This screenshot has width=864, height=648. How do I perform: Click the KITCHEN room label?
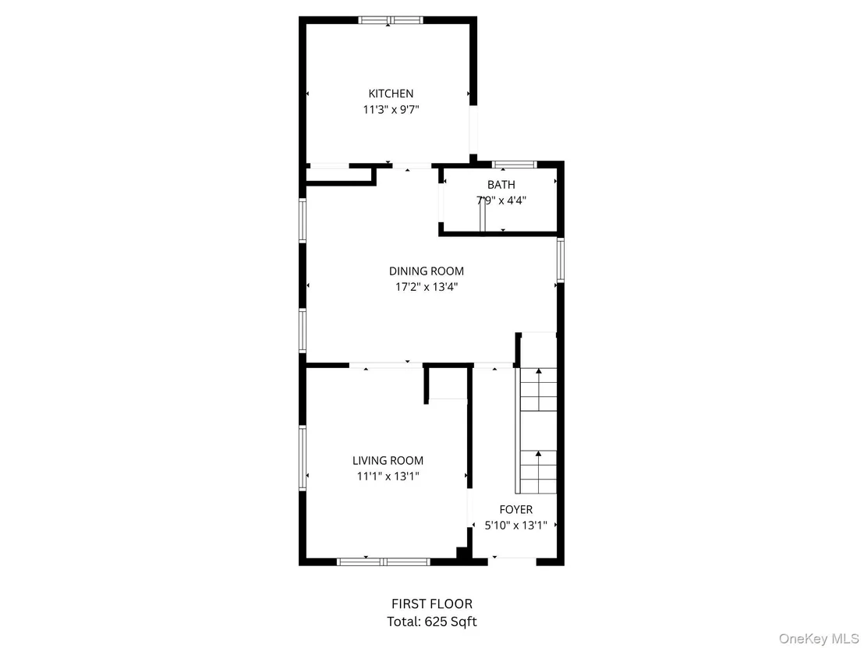[391, 94]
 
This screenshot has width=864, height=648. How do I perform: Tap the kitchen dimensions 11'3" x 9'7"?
[391, 110]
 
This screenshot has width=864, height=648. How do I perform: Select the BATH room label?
[501, 185]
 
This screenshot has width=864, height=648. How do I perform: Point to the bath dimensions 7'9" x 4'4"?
[501, 200]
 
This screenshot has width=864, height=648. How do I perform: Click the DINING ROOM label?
[427, 271]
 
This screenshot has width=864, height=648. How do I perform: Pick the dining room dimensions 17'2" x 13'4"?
[427, 286]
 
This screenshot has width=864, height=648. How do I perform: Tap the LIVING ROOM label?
[388, 461]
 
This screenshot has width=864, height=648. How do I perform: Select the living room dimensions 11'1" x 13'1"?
[388, 476]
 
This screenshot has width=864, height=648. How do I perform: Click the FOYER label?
[515, 510]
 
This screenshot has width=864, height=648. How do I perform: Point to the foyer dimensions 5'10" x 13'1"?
[515, 525]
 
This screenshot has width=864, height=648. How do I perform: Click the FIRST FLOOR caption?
[432, 604]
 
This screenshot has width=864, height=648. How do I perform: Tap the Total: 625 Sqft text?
[432, 622]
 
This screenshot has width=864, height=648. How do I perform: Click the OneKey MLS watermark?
[818, 639]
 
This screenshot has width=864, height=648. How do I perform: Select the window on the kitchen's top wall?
[391, 20]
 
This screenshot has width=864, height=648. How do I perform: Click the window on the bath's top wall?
[514, 165]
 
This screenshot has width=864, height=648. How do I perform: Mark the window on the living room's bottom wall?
[384, 562]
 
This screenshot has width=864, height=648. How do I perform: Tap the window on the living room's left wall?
[303, 458]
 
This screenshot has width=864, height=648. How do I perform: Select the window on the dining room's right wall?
[561, 260]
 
